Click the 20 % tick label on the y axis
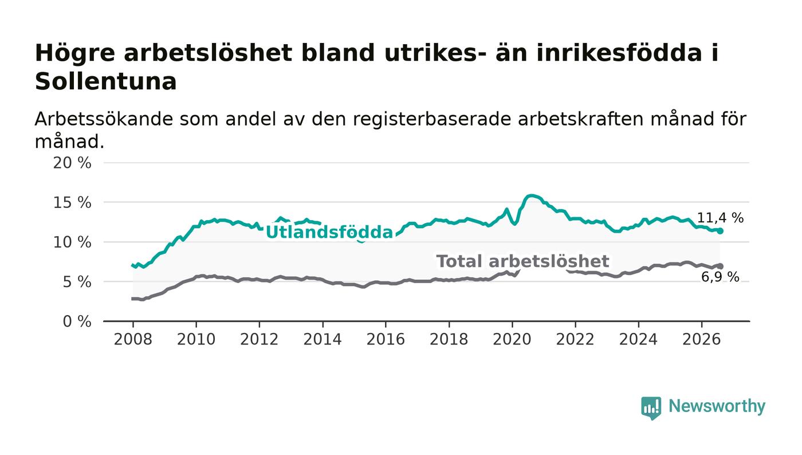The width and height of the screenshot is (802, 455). tap(72, 163)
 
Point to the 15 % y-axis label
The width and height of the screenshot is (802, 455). tap(72, 203)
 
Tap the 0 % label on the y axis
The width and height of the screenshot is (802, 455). tap(77, 321)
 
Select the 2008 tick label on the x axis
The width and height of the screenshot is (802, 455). tap(133, 339)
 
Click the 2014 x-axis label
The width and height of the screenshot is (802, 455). tap(322, 339)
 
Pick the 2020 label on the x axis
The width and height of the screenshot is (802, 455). tap(512, 339)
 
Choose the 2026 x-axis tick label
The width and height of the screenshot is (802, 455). tap(701, 339)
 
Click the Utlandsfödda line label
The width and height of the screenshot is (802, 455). tap(329, 232)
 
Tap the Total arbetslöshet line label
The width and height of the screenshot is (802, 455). tap(522, 261)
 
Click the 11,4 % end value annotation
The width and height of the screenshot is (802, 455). tap(721, 217)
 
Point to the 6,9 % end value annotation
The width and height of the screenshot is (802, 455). tap(720, 277)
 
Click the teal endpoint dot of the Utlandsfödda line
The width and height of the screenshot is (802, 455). tap(720, 231)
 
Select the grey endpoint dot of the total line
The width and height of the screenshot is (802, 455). tap(720, 266)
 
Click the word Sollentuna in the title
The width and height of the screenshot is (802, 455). tap(105, 81)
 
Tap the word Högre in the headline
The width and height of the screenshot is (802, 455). tap(75, 54)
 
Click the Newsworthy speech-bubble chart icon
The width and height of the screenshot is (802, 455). tap(651, 407)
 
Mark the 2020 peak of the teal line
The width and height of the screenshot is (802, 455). tap(532, 195)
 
